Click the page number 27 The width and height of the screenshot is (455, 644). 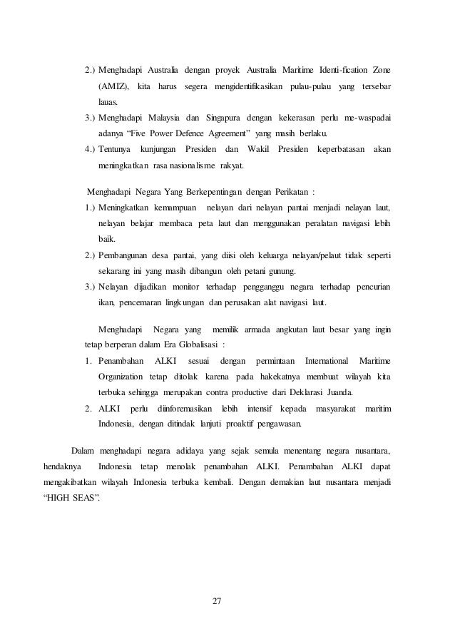(x=218, y=602)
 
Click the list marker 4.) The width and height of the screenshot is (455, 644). (x=90, y=149)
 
